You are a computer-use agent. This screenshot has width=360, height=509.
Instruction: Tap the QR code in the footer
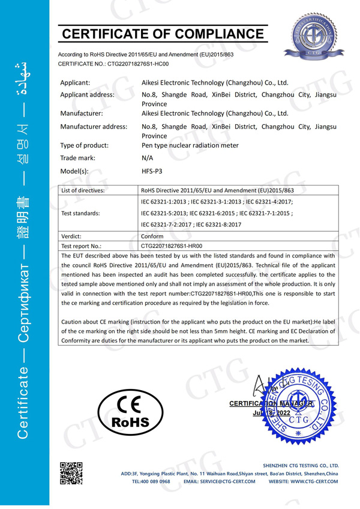[x=71, y=473]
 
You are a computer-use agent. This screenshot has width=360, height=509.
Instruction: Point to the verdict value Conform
[x=151, y=236]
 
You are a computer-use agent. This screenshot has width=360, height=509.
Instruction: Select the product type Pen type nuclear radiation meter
[x=190, y=145]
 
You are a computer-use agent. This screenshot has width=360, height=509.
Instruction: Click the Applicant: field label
[x=76, y=82]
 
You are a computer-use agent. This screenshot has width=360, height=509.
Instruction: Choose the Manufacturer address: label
[x=94, y=127]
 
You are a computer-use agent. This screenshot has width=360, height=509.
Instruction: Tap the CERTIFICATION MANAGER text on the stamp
[x=271, y=404]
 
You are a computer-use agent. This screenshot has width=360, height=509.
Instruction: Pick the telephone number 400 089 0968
[x=151, y=481]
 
